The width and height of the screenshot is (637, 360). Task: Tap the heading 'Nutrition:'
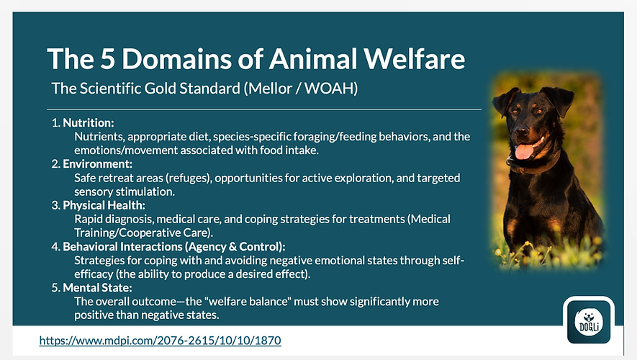point(88,122)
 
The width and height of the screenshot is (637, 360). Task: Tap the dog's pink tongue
point(525,150)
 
